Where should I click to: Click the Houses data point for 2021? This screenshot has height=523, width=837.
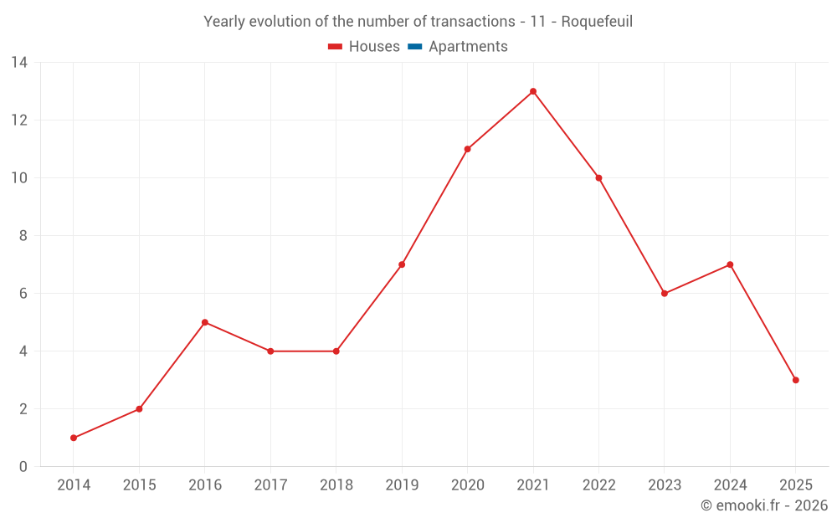coord(533,91)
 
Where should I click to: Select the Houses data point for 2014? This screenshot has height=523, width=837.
coord(74,438)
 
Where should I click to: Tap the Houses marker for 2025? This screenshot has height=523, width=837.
coord(795,380)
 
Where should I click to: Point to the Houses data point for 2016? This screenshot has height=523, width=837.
coord(205,322)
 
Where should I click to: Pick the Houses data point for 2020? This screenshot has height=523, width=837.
coord(467,149)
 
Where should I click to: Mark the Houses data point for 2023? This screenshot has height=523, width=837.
coord(665,294)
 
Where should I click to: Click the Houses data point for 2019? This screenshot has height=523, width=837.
coord(402,264)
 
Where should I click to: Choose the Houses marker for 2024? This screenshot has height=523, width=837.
coord(730,264)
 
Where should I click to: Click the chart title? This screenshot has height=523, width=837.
coord(418,22)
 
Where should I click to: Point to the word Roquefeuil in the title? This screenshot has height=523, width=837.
coord(597,22)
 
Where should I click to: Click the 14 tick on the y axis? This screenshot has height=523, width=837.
coord(19,63)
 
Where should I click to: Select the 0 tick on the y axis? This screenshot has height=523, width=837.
coord(23,467)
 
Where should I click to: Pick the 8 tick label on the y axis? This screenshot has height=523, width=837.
coord(23,236)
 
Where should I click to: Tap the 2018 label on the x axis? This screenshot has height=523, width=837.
coord(336,485)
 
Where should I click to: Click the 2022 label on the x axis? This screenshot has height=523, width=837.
coord(598,485)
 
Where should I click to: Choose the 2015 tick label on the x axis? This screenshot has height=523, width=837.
coord(139,485)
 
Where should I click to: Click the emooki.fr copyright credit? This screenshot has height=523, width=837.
coord(763,505)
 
